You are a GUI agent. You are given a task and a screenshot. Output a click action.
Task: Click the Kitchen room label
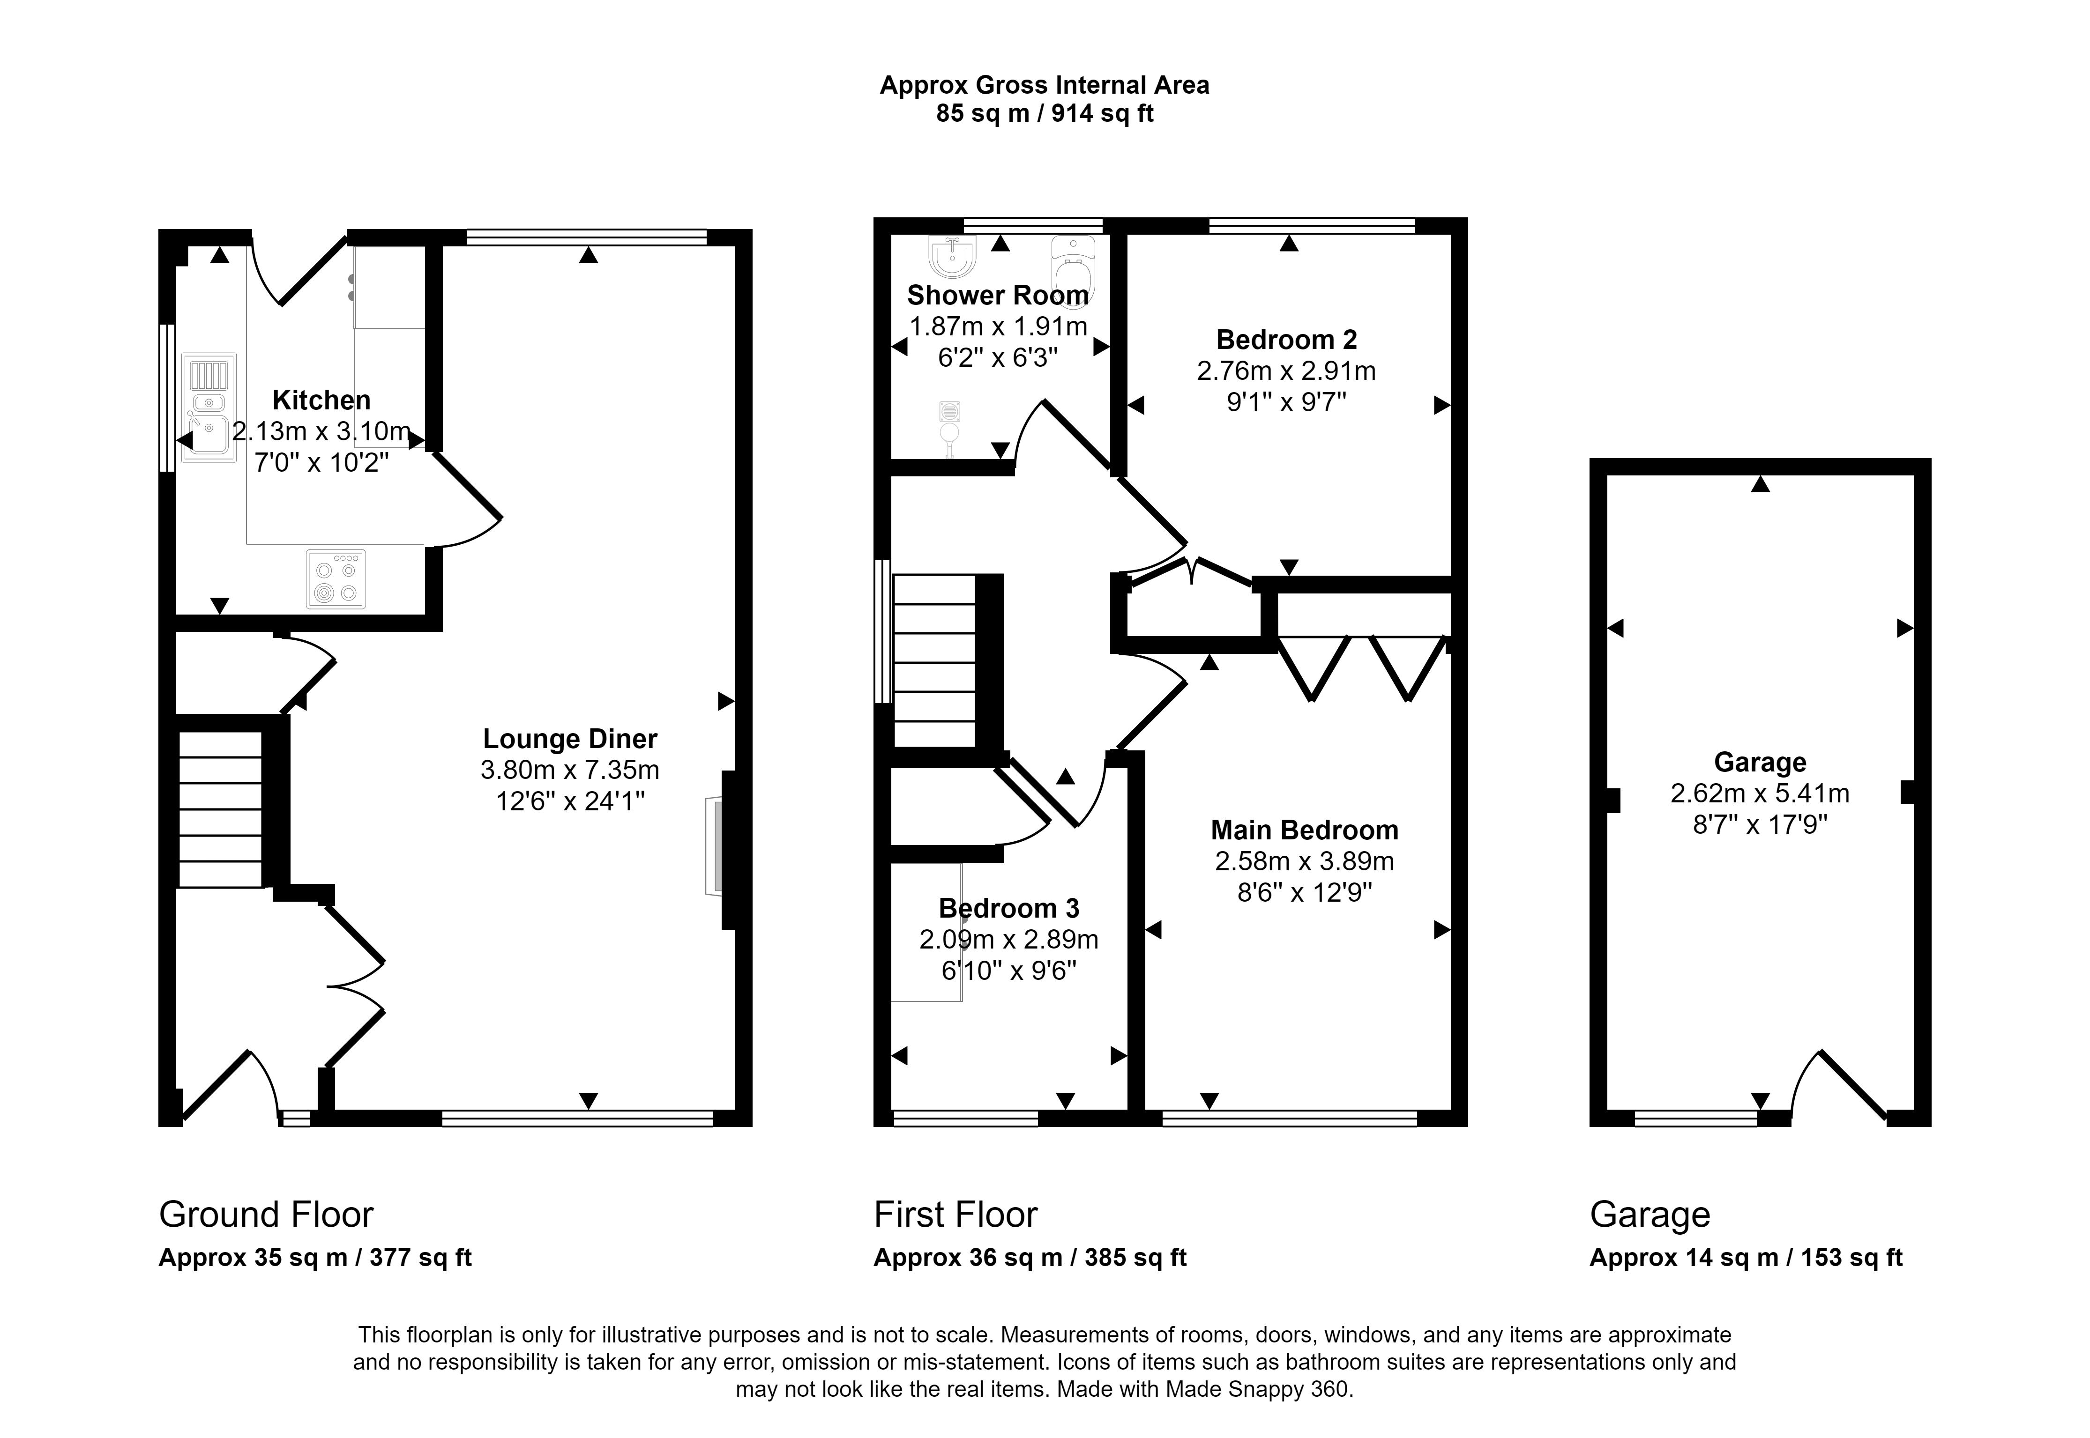click(322, 400)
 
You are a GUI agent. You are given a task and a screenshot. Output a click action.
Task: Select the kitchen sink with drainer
click(209, 407)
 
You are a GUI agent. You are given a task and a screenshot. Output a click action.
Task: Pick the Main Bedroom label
click(1304, 830)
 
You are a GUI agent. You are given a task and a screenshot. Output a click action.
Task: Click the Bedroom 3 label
click(1008, 908)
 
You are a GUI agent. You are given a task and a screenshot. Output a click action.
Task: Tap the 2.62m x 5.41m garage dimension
click(1760, 794)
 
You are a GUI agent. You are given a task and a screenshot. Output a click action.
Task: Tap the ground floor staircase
click(221, 809)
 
